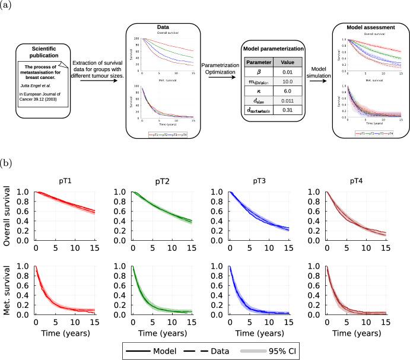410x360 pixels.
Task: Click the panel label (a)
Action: pos(8,7)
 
